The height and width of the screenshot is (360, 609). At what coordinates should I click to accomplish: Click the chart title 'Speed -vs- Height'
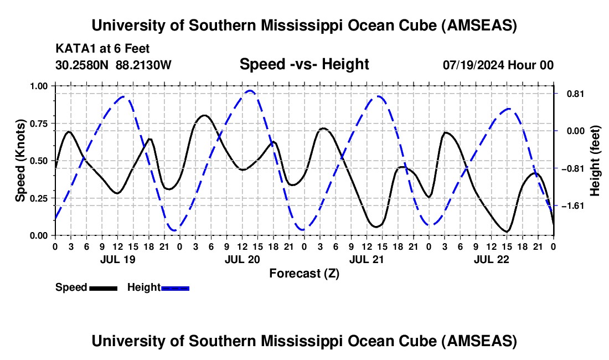pyautogui.click(x=304, y=64)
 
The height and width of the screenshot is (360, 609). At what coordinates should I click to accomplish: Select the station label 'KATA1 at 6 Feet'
pyautogui.click(x=102, y=49)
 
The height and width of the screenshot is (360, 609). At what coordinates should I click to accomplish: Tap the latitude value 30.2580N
pyautogui.click(x=82, y=65)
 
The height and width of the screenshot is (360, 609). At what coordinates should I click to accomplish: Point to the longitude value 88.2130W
pyautogui.click(x=144, y=65)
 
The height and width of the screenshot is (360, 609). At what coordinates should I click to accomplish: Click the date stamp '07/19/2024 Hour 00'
pyautogui.click(x=498, y=65)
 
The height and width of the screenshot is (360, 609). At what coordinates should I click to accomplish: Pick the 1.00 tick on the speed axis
pyautogui.click(x=39, y=86)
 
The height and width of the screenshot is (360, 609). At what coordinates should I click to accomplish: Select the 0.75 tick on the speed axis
pyautogui.click(x=39, y=124)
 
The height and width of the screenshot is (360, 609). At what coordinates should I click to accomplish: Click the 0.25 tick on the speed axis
pyautogui.click(x=39, y=198)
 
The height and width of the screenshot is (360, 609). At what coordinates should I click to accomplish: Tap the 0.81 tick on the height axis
pyautogui.click(x=571, y=94)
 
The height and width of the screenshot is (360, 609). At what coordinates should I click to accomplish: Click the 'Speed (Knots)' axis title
pyautogui.click(x=20, y=160)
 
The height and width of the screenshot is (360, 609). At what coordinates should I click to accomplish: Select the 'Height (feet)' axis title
pyautogui.click(x=595, y=160)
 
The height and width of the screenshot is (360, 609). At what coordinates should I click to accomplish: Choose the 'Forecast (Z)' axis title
pyautogui.click(x=304, y=273)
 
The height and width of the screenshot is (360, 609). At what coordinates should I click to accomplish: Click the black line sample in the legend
pyautogui.click(x=103, y=288)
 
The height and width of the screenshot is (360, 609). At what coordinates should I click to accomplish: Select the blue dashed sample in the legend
pyautogui.click(x=176, y=288)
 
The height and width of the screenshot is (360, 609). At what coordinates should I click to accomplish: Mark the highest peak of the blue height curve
pyautogui.click(x=250, y=91)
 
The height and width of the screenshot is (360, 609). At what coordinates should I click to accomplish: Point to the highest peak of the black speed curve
pyautogui.click(x=205, y=115)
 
